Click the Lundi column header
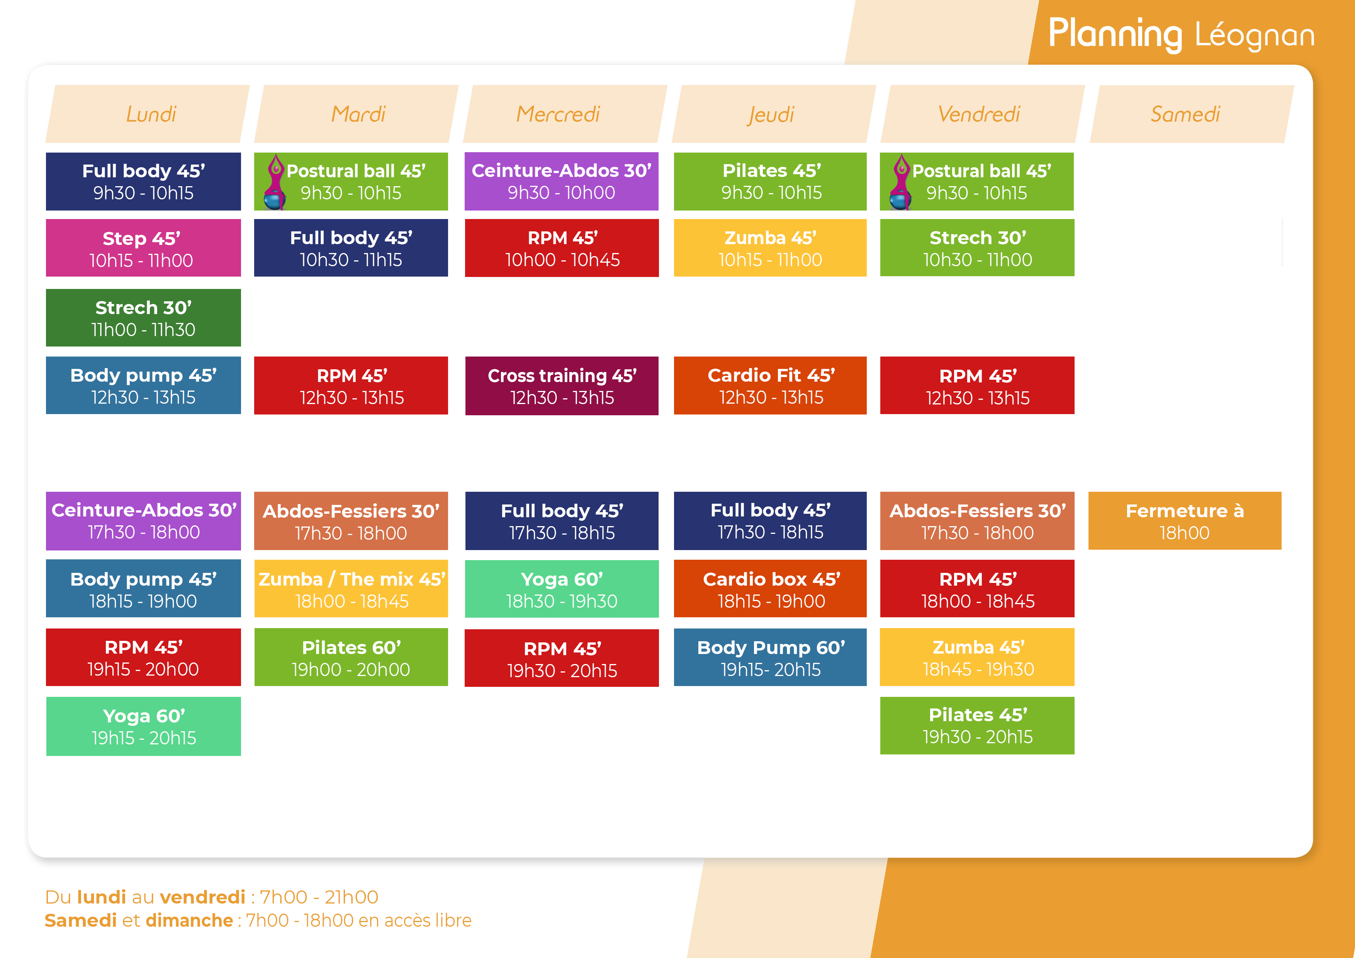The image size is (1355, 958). [x=148, y=114]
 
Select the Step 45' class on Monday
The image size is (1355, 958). [x=143, y=248]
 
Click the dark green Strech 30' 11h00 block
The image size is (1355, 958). [x=143, y=318]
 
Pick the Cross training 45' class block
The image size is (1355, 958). [x=562, y=386]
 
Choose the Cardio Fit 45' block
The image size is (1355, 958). [x=770, y=386]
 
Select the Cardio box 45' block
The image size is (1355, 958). [x=770, y=588]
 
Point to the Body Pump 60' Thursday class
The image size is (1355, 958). [x=770, y=657]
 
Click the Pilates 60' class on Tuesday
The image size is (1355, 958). [x=351, y=657]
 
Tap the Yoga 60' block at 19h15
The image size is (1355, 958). [x=143, y=726]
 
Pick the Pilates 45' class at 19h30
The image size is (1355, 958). [x=977, y=725]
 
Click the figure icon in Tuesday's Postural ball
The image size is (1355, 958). [x=275, y=182]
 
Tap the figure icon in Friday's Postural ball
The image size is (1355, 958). [x=901, y=182]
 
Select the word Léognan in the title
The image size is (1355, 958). [x=1255, y=36]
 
